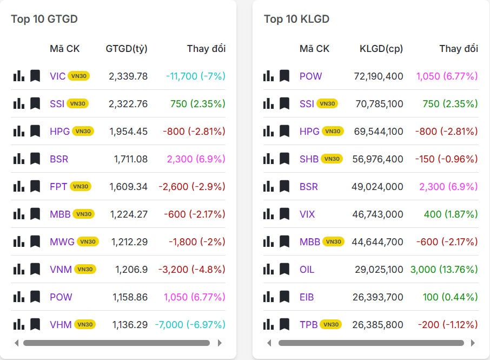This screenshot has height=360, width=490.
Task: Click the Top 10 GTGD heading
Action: (x=44, y=19)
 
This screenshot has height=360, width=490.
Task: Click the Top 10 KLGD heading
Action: (x=296, y=19)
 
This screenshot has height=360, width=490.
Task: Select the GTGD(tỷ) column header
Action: (x=127, y=48)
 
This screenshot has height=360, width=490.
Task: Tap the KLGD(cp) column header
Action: (x=381, y=48)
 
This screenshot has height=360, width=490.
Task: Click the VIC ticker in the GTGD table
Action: (x=57, y=76)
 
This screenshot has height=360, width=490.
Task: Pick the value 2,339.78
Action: (x=128, y=76)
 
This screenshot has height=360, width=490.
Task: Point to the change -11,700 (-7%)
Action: (x=196, y=76)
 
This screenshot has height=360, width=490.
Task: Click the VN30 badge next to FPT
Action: (x=81, y=186)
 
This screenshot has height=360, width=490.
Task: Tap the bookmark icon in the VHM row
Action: (x=35, y=324)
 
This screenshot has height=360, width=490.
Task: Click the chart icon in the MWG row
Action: (x=19, y=241)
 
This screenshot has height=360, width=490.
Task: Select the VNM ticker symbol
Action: (x=61, y=269)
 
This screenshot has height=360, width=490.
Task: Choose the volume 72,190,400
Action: (x=379, y=76)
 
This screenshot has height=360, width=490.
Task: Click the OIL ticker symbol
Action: (x=307, y=269)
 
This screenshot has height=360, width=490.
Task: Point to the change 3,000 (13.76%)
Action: (x=444, y=269)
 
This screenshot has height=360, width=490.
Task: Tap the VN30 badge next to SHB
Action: (x=332, y=159)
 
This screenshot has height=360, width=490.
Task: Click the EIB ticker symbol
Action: (x=307, y=297)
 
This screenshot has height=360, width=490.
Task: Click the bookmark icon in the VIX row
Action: (x=284, y=214)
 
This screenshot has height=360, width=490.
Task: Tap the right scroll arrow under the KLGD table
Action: (x=473, y=343)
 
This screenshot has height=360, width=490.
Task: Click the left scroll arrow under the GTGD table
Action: (x=17, y=343)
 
